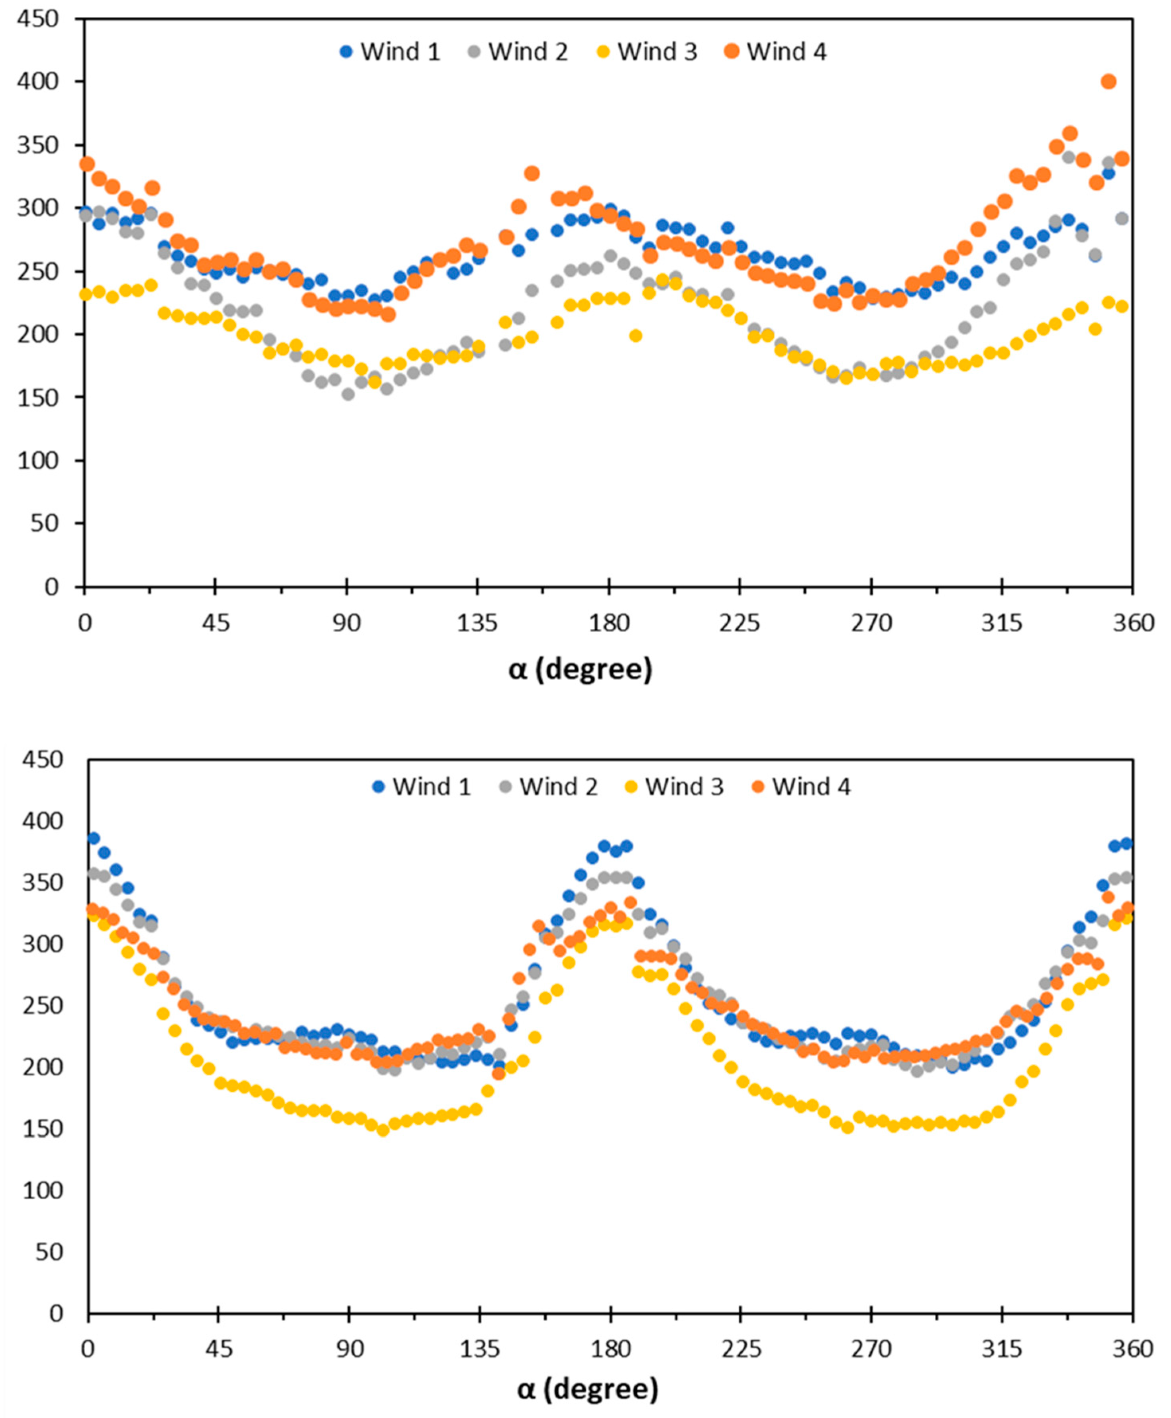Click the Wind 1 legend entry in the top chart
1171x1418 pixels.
click(x=390, y=52)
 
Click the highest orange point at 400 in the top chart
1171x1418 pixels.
click(x=1108, y=82)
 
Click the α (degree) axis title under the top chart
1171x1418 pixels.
click(x=580, y=669)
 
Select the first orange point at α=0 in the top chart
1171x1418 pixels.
click(x=86, y=164)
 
